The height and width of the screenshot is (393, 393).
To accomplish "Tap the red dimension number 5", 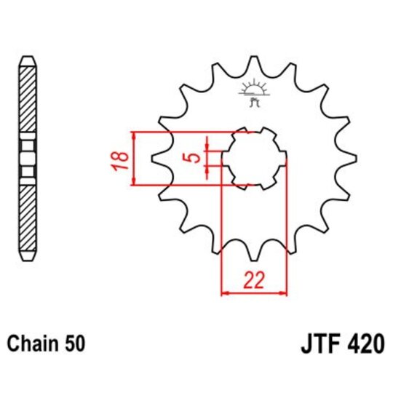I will [189, 158].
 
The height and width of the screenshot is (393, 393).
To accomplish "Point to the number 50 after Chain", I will [76, 342].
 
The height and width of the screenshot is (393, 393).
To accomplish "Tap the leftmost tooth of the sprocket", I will [155, 158].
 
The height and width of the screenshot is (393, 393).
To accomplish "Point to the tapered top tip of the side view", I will [27, 58].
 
